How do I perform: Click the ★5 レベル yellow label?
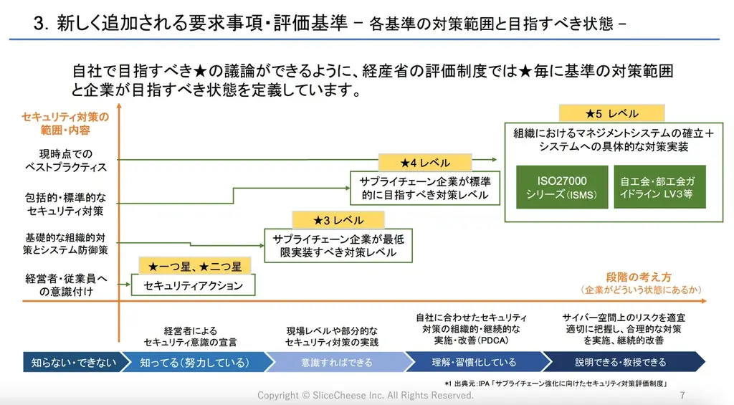611,113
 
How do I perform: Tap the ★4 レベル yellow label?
425,163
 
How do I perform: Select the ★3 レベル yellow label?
338,220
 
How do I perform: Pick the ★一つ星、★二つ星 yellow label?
195,267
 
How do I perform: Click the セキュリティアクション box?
194,285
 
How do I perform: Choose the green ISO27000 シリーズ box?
562,188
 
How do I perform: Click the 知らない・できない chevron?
72,362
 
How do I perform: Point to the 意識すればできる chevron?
337,362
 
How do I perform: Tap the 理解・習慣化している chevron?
474,362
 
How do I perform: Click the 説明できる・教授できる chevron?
620,362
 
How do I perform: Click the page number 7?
682,396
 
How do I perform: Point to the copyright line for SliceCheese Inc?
366,396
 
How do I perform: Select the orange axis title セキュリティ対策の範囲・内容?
65,123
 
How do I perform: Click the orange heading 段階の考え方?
639,277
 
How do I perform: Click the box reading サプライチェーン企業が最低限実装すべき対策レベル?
338,246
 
